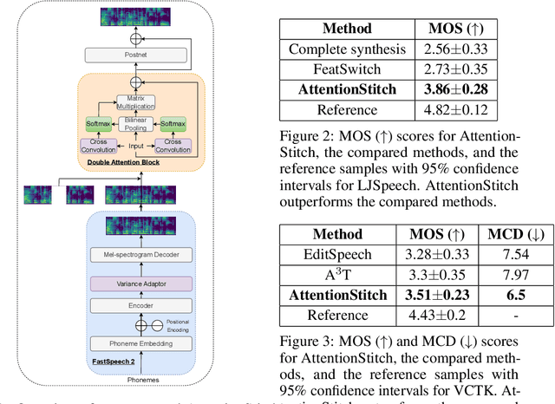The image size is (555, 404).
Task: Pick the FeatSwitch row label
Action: pos(341,68)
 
